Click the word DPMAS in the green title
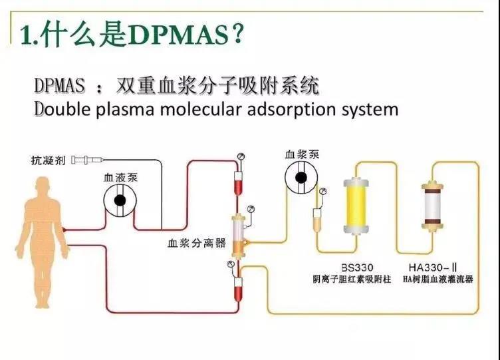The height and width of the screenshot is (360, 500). (180, 35)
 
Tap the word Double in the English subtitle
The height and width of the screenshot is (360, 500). (62, 109)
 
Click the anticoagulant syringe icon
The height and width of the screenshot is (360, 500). (87, 160)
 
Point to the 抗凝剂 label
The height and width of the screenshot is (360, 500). (48, 160)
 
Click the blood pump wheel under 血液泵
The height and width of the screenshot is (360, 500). (120, 200)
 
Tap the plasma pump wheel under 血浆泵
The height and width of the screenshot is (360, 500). (301, 178)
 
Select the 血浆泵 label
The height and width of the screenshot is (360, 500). (302, 154)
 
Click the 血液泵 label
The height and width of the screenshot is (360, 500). (120, 177)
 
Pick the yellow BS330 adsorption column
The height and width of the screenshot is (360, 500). (356, 206)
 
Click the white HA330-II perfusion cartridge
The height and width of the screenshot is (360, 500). (432, 205)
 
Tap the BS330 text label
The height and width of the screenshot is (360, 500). (357, 268)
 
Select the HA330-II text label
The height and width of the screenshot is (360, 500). (433, 267)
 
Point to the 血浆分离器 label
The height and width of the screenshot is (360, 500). (196, 243)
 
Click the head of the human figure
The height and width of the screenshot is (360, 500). (43, 187)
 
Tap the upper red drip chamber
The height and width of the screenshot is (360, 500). (238, 183)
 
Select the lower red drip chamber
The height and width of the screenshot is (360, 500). (238, 289)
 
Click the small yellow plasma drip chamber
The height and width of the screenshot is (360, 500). (317, 220)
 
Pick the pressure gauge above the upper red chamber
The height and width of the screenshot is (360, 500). (241, 156)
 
